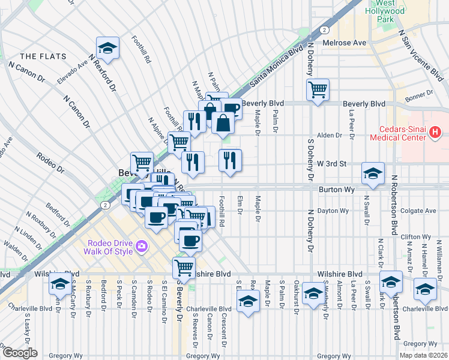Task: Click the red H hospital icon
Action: click(436, 134)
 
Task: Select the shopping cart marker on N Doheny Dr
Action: click(318, 90)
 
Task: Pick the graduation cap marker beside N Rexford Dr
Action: click(108, 48)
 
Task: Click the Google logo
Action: click(20, 353)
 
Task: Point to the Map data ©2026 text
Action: click(423, 355)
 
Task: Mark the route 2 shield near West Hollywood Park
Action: click(324, 29)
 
